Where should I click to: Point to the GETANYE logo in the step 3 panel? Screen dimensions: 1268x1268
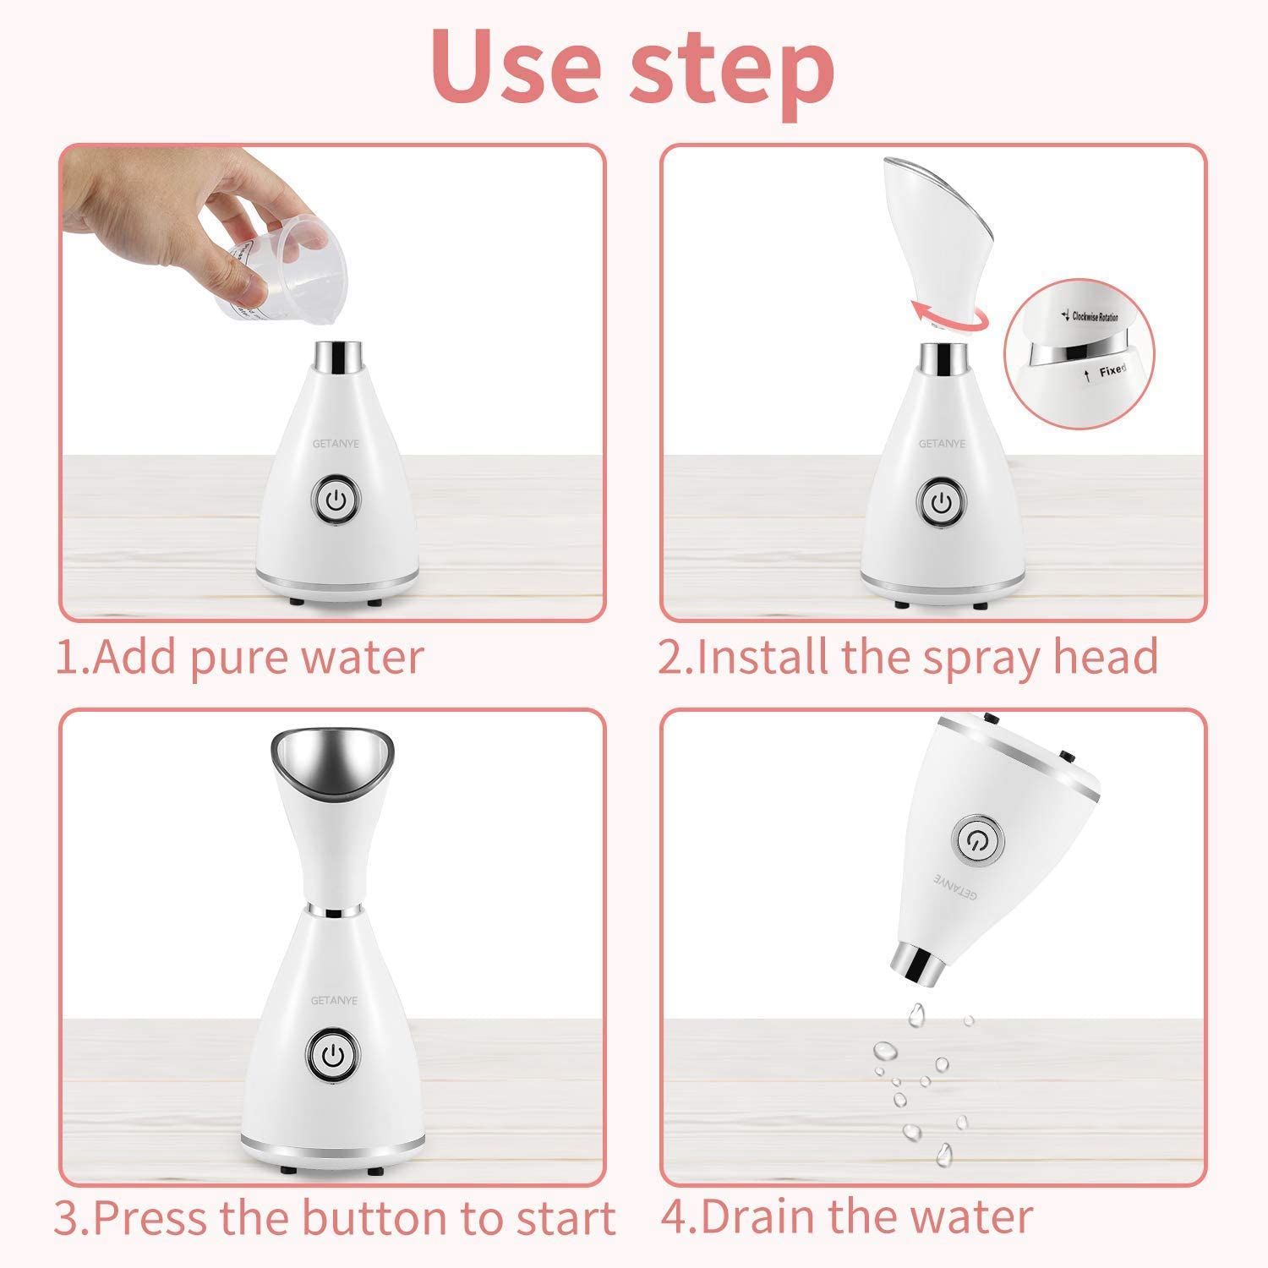(334, 1000)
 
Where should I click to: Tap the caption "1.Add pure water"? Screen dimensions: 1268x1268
(239, 658)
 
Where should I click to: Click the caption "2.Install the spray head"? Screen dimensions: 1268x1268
(908, 658)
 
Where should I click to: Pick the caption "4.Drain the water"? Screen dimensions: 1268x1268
(846, 1217)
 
